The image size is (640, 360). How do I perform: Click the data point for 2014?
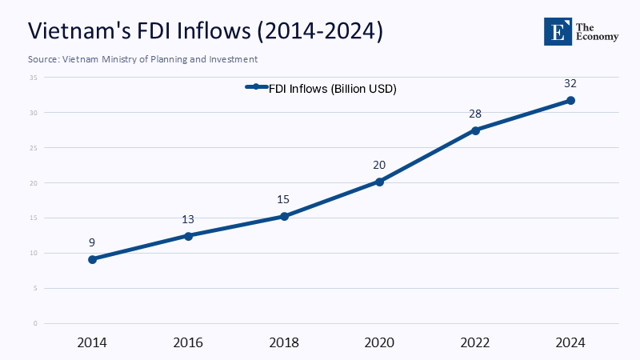coord(93,259)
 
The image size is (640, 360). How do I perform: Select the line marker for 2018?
coord(284,216)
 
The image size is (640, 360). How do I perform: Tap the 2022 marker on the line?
coord(475,130)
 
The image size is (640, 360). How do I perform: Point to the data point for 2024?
coord(570,100)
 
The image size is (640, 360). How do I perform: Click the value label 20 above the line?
coord(379,165)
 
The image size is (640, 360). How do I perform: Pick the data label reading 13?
coord(188,219)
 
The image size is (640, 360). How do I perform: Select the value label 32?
coord(570,82)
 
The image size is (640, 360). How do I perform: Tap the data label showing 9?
coord(93,242)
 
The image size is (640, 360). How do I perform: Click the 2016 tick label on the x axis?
coord(188,342)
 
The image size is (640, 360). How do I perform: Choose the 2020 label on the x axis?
coord(379,342)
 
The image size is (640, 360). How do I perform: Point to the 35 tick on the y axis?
coord(34,78)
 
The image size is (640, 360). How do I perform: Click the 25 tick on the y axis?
coord(34,148)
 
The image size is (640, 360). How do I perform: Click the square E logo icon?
coord(559,30)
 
